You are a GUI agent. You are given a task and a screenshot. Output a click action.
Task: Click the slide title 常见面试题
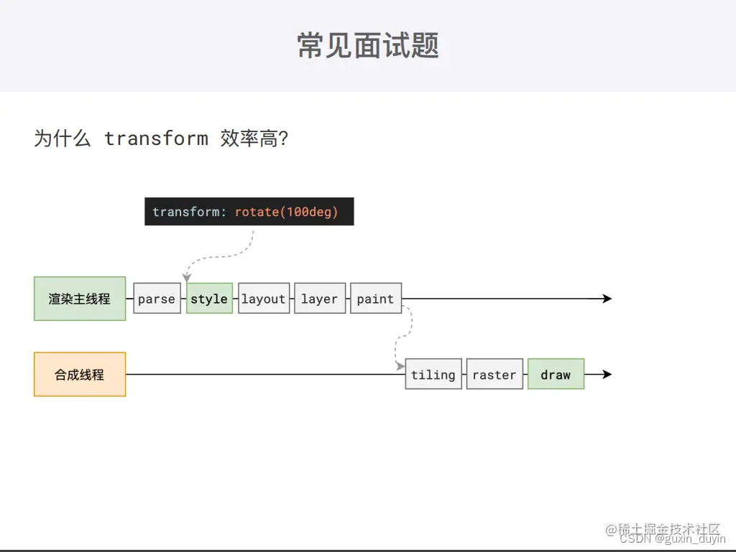[368, 45]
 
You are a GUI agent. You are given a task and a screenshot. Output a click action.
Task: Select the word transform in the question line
[156, 138]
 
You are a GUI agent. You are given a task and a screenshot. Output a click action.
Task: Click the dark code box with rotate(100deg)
[249, 212]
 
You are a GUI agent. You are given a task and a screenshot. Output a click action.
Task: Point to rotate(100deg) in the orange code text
[286, 212]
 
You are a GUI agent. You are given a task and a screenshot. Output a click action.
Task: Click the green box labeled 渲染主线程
[80, 299]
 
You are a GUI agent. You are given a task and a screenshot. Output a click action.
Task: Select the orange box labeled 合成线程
[80, 374]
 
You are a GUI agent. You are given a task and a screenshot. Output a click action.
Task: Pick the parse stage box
[157, 299]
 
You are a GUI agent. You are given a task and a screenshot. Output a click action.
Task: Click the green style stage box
[209, 299]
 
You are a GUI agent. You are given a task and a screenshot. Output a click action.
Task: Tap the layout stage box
[264, 299]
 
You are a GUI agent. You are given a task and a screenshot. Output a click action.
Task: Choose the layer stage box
[319, 299]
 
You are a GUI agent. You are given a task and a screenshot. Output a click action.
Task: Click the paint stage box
[375, 299]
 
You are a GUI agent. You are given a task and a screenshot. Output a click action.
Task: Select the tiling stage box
[433, 374]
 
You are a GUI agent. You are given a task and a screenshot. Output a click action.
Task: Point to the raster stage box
[494, 374]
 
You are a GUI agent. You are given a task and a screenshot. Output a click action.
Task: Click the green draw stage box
[556, 374]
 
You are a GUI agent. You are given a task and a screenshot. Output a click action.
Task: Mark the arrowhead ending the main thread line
[607, 299]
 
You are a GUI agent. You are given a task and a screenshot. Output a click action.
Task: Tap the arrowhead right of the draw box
[607, 374]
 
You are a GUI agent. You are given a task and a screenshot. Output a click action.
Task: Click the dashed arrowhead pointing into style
[187, 278]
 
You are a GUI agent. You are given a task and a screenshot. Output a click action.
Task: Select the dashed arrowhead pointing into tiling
[400, 366]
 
